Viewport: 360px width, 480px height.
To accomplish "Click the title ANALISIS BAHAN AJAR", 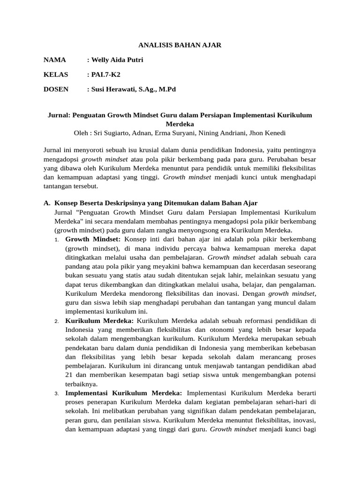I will [x=180, y=45].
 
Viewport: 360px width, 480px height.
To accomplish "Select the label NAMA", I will [x=55, y=60].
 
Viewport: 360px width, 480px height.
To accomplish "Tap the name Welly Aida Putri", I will [x=117, y=60].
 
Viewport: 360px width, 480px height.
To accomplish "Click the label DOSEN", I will [x=56, y=89].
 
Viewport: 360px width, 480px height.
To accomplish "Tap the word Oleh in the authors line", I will [x=82, y=133].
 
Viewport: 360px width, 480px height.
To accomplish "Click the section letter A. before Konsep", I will [x=46, y=203].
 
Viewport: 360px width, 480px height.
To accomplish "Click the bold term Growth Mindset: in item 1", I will [x=93, y=239].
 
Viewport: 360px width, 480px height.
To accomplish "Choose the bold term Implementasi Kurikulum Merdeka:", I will [x=124, y=393].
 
